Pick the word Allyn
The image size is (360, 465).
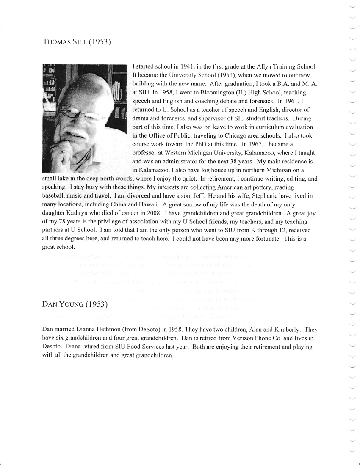point(265,67)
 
